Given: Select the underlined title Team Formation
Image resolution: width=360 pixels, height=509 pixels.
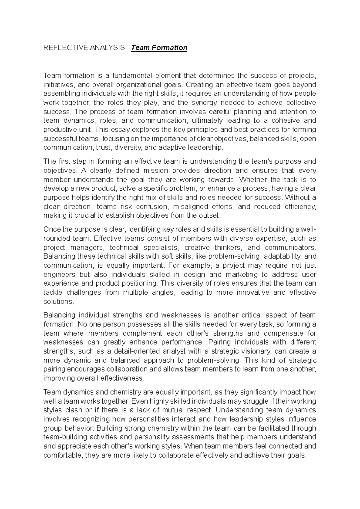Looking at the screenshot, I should tap(159, 48).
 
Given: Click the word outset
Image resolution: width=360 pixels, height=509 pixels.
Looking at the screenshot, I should tap(210, 216).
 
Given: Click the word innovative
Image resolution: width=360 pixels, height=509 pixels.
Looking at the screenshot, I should tap(253, 293).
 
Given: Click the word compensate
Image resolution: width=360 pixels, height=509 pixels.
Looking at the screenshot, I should tap(283, 333).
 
